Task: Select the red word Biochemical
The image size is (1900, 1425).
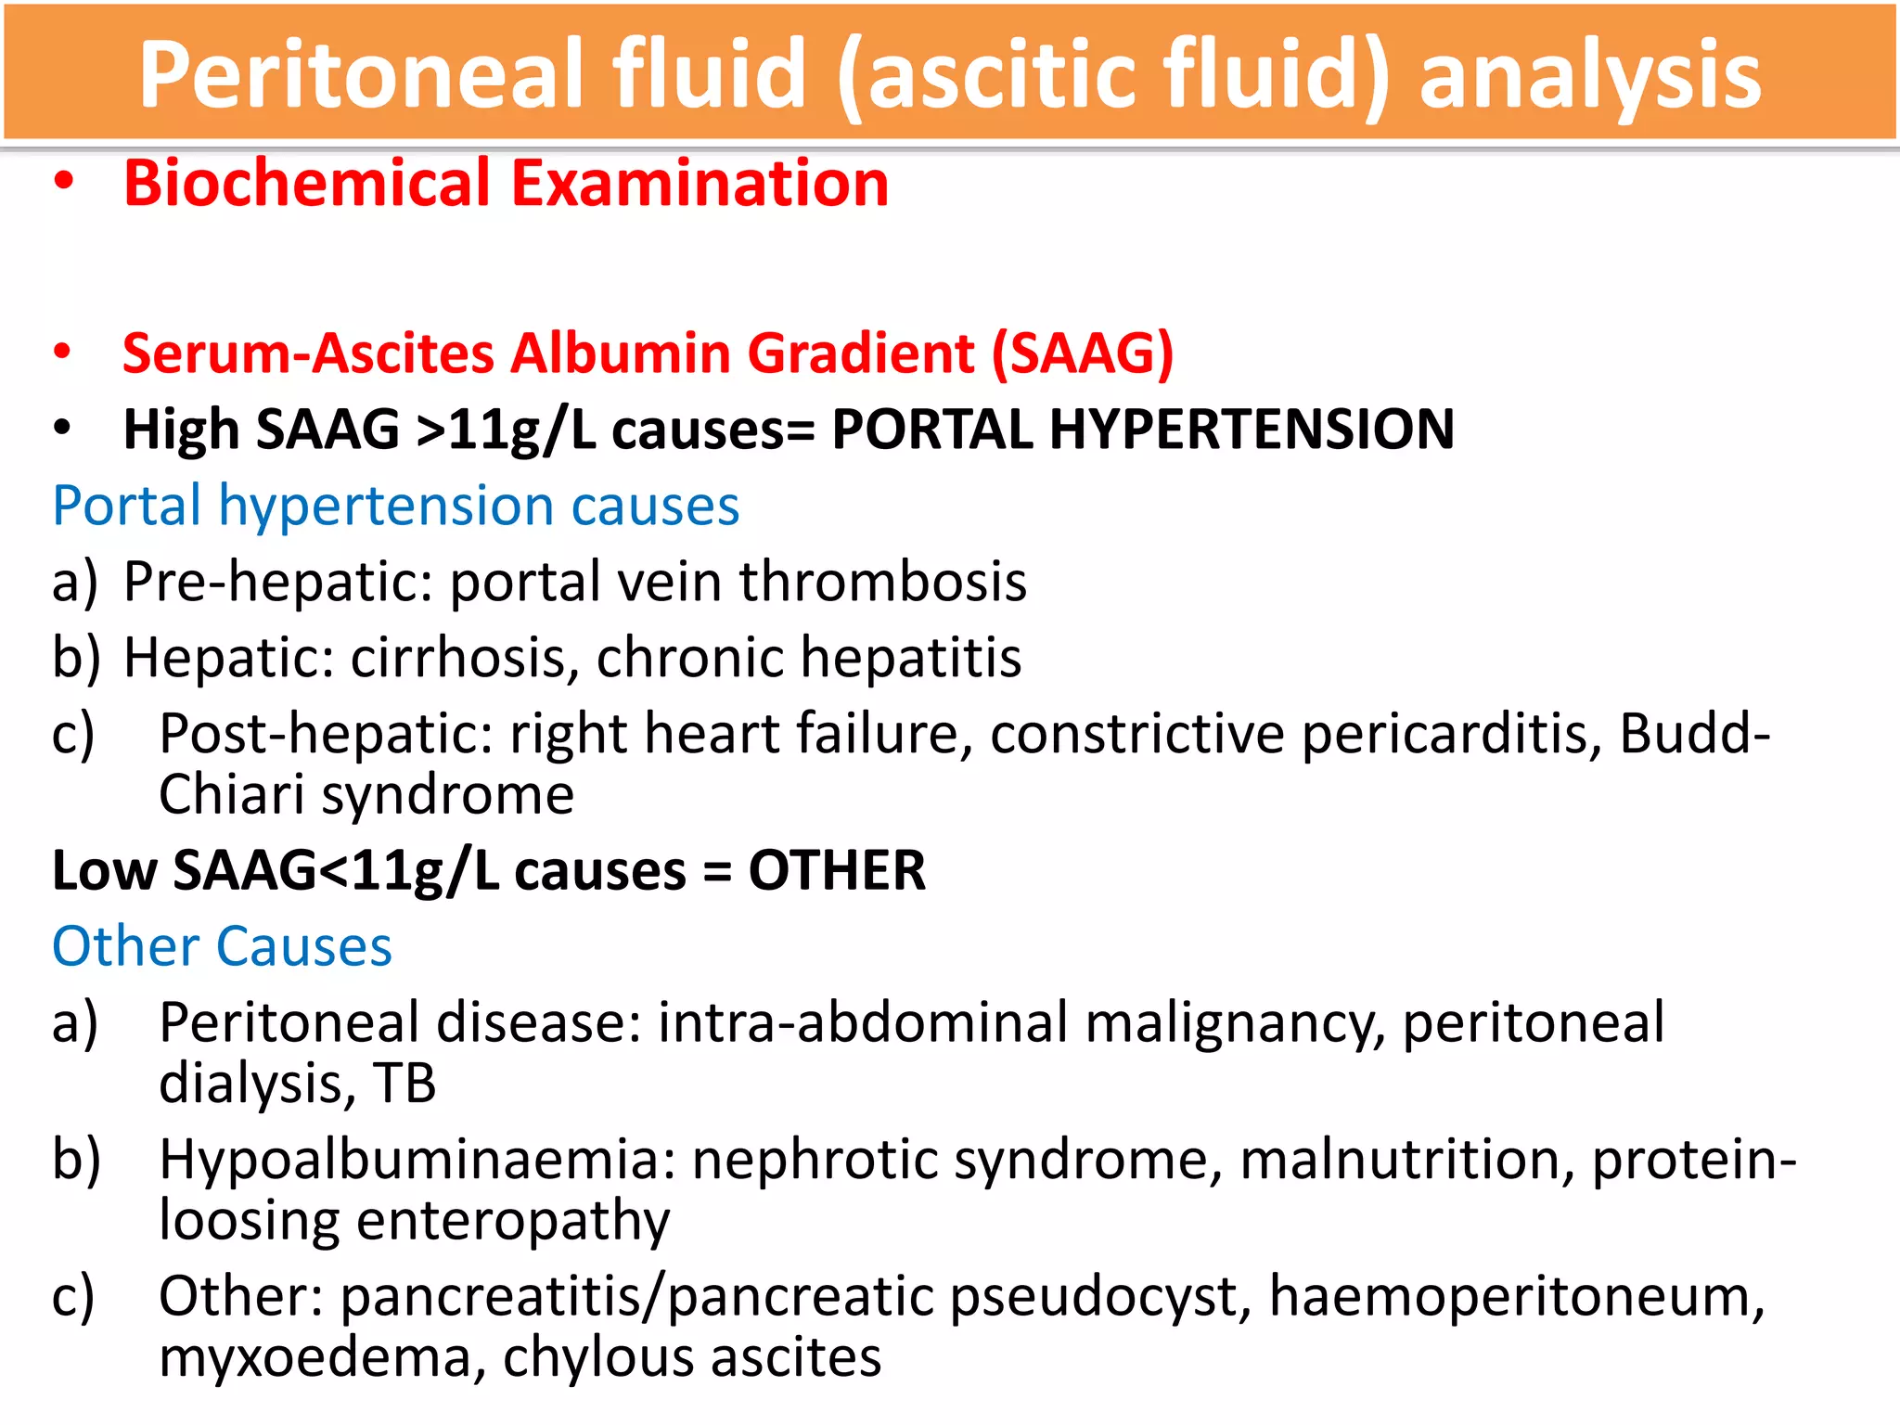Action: tap(306, 183)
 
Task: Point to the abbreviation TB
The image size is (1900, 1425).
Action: tap(404, 1084)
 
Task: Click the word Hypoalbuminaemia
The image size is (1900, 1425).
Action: tap(417, 1160)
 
